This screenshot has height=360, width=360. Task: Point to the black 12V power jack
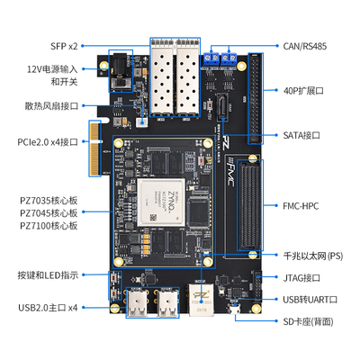pyautogui.click(x=119, y=71)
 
